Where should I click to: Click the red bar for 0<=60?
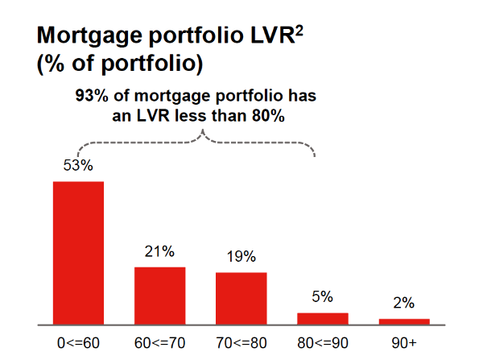click(78, 252)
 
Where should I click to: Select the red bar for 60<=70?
click(159, 295)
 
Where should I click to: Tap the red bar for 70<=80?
click(241, 298)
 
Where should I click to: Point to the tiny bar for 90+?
click(403, 321)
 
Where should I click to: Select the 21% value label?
click(159, 251)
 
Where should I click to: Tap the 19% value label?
click(241, 257)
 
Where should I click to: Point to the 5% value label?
click(322, 297)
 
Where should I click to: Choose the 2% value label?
click(403, 304)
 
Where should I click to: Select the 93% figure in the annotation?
click(91, 96)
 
